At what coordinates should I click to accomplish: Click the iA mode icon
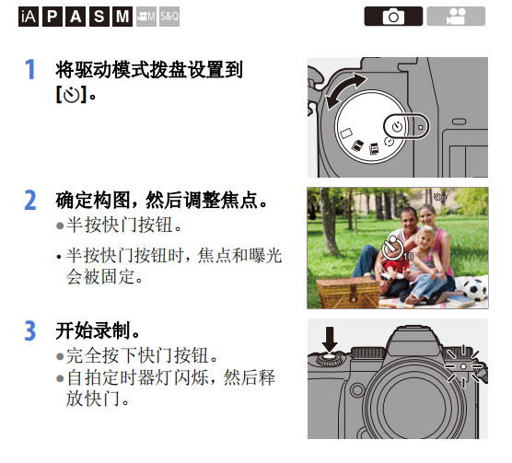(29, 17)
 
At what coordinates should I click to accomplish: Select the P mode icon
(52, 17)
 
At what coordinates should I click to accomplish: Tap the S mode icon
(99, 17)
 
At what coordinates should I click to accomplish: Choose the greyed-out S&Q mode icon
(169, 17)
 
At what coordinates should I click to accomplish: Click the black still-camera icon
(393, 16)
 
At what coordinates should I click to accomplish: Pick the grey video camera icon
(456, 16)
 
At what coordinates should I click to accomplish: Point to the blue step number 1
(30, 69)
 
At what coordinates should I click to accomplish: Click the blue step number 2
(30, 200)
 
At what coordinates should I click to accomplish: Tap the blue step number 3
(30, 330)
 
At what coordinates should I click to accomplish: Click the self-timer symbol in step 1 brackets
(72, 95)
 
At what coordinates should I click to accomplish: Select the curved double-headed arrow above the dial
(346, 90)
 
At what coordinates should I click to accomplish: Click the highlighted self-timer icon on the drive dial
(398, 126)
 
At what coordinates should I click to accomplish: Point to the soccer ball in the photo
(475, 289)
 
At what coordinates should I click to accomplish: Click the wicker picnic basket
(348, 292)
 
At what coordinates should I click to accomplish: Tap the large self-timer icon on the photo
(393, 248)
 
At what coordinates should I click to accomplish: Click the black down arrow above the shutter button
(330, 340)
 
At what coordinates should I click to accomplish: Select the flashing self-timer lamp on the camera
(463, 366)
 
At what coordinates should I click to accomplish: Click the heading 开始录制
(93, 330)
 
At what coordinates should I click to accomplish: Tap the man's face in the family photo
(408, 220)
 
